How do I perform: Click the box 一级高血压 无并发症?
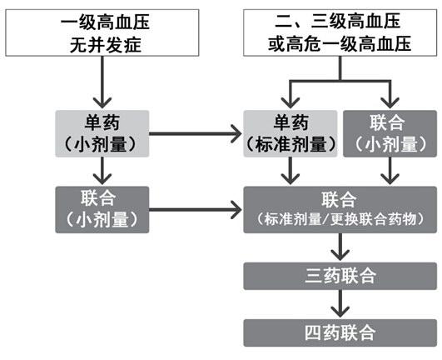pos(102,32)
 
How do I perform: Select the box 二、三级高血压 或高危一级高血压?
pos(340,32)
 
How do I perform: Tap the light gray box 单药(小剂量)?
pos(102,133)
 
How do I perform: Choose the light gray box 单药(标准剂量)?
pos(291,133)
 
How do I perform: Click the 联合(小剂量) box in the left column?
pos(102,210)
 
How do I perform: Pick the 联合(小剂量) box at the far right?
pos(390,133)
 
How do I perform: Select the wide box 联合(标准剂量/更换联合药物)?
pos(340,210)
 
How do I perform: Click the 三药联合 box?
pos(340,276)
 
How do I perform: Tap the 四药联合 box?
pos(340,332)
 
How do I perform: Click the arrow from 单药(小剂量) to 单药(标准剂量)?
pos(196,133)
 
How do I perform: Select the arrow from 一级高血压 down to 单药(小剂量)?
pos(102,82)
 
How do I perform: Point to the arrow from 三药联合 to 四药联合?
pos(340,303)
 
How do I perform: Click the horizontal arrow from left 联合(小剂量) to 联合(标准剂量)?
pos(196,210)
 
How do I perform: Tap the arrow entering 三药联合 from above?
pos(340,247)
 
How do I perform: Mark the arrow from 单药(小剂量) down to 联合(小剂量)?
pos(102,171)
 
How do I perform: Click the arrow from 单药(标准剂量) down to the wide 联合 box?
pos(291,171)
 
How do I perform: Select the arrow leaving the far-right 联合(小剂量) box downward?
pos(390,171)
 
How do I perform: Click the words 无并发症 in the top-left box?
pos(106,45)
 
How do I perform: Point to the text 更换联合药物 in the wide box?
pos(373,219)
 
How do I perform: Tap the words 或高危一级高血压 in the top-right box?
pos(340,44)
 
